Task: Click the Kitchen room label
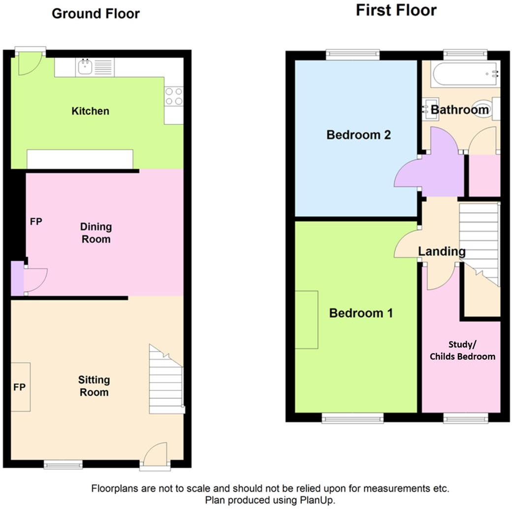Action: (91, 111)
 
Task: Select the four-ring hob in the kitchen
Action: (173, 96)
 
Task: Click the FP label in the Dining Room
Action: (36, 222)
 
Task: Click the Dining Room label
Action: (96, 233)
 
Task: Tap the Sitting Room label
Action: (94, 386)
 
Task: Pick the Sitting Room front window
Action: (63, 464)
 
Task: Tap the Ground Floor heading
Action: (96, 14)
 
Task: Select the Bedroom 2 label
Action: (359, 135)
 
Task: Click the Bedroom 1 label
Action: (361, 313)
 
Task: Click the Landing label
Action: (442, 251)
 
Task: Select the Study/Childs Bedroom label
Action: (462, 350)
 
